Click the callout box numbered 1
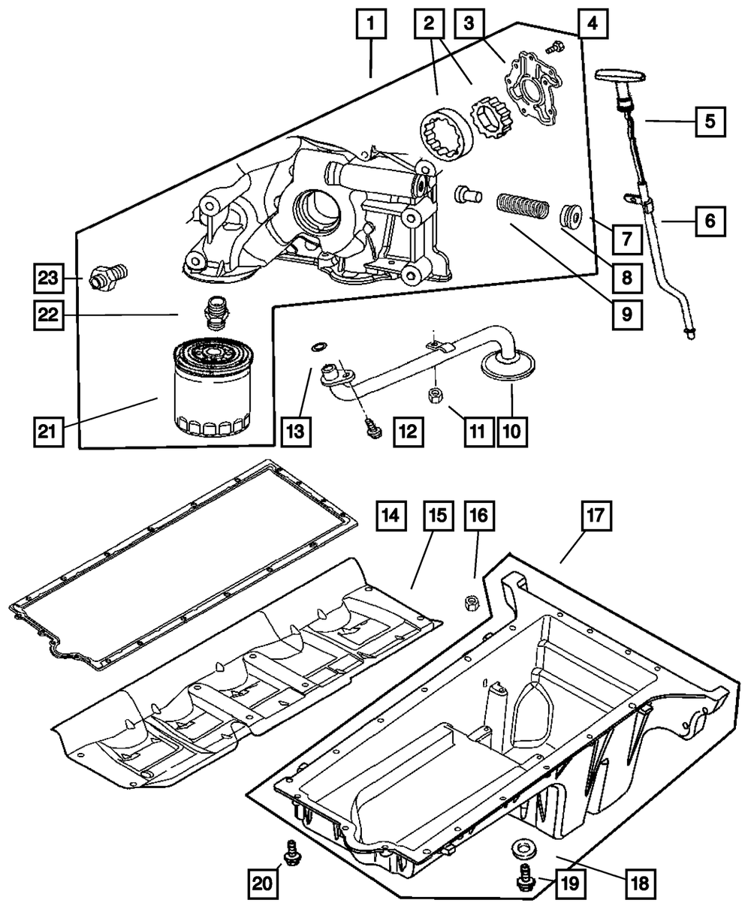point(371,28)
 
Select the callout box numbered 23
point(48,278)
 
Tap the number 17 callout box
point(594,516)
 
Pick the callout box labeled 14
point(391,516)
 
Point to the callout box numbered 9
point(626,315)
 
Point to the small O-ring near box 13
point(318,347)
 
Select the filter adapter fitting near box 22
point(215,314)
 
